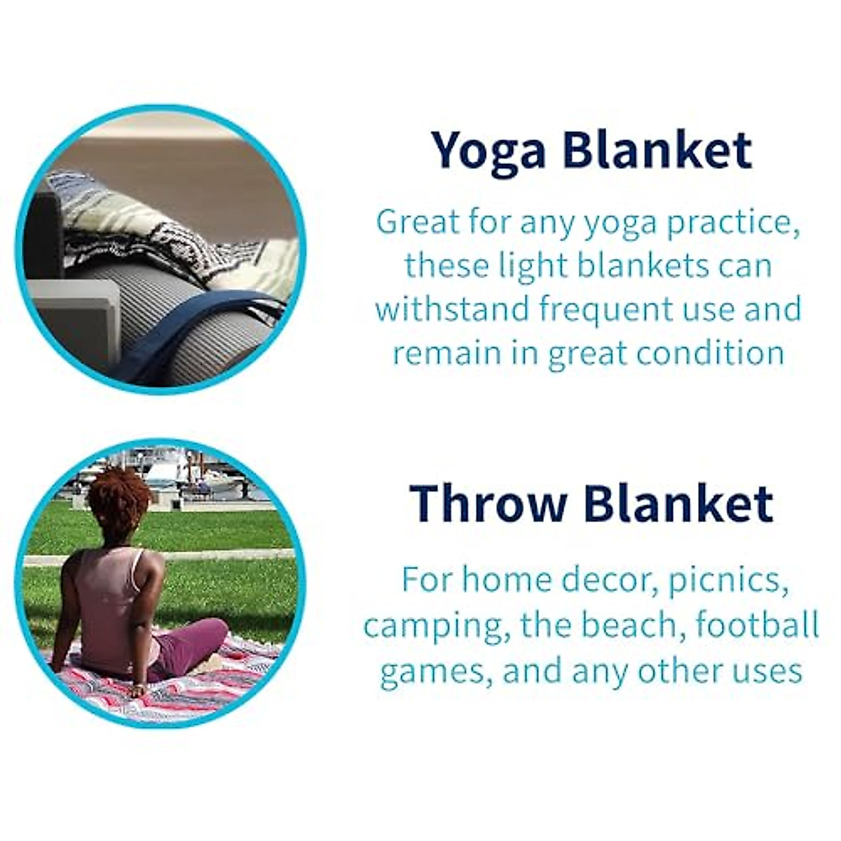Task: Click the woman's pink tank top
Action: (x=112, y=596)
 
